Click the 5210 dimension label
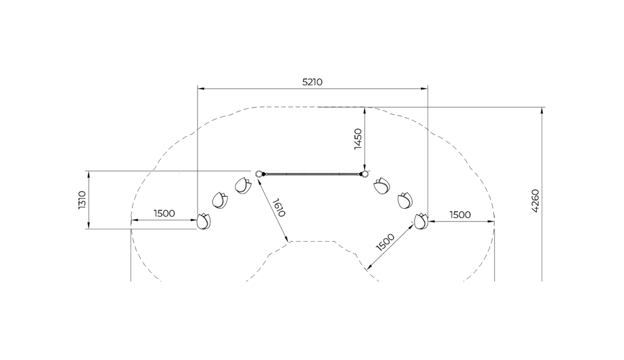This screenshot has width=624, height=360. tap(312, 82)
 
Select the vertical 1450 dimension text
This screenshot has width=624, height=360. tap(358, 139)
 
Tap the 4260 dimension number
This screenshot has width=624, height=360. tap(535, 201)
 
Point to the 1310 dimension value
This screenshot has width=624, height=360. tap(82, 200)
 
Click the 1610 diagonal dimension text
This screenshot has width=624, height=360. tap(279, 208)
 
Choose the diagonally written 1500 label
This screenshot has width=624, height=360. tap(385, 242)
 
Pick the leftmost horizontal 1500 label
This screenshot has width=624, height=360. tap(164, 213)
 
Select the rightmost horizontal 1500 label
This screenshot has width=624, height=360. tap(460, 215)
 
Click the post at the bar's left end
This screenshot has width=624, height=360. tap(260, 174)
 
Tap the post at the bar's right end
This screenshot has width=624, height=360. tap(364, 174)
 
